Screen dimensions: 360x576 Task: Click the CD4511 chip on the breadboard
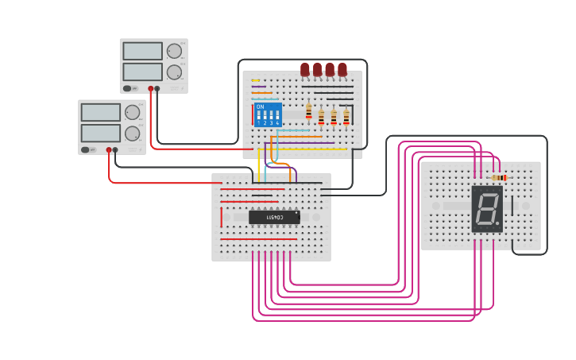click(274, 217)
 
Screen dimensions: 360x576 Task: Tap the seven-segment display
click(486, 209)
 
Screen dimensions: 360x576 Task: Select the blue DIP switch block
click(268, 114)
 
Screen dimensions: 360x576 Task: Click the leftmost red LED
click(305, 70)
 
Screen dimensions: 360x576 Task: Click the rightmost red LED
click(342, 70)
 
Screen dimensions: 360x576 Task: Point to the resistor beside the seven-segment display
click(498, 178)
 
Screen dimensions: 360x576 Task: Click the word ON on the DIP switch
click(260, 106)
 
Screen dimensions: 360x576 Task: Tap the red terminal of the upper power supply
click(150, 88)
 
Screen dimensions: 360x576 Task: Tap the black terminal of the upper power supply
click(157, 88)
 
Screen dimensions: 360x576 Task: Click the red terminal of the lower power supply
click(109, 149)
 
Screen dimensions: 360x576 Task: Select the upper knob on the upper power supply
click(173, 51)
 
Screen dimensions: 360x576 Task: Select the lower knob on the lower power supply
click(132, 133)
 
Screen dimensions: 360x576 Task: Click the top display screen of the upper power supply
click(142, 51)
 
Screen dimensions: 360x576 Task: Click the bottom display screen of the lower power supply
click(100, 133)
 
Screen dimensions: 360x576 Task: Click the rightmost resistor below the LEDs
click(346, 117)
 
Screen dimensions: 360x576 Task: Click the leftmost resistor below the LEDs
click(309, 112)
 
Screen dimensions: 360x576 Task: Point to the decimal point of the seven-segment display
click(498, 225)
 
